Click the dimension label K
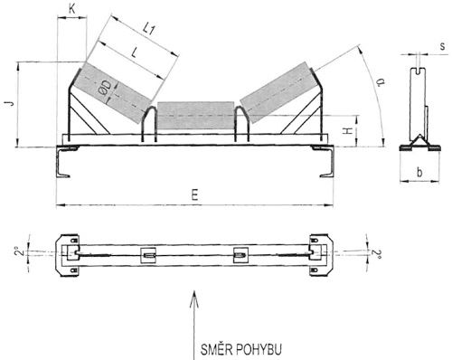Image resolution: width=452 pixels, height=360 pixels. (x=72, y=9)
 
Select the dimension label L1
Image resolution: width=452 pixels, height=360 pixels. (x=149, y=30)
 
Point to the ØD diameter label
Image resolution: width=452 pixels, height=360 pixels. (x=105, y=89)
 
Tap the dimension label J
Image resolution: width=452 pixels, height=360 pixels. (x=11, y=103)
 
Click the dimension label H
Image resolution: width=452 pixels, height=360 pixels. (x=348, y=131)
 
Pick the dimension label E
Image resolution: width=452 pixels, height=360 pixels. (x=195, y=195)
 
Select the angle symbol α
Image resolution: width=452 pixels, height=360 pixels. (x=381, y=81)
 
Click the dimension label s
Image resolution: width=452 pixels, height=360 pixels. (x=442, y=46)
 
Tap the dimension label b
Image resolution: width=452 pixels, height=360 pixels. (x=419, y=172)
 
